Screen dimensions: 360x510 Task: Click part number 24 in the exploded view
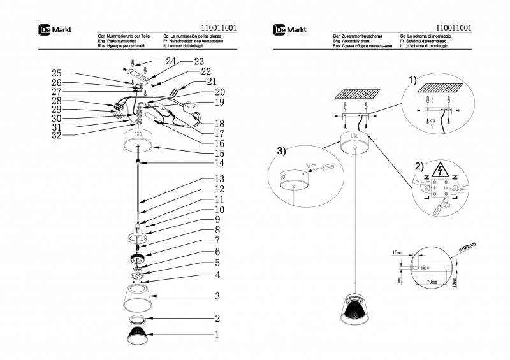tap(170, 61)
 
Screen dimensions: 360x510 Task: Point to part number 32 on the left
tap(57, 136)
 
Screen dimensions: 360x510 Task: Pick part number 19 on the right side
tap(220, 102)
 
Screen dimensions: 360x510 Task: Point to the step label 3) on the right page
tap(281, 151)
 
